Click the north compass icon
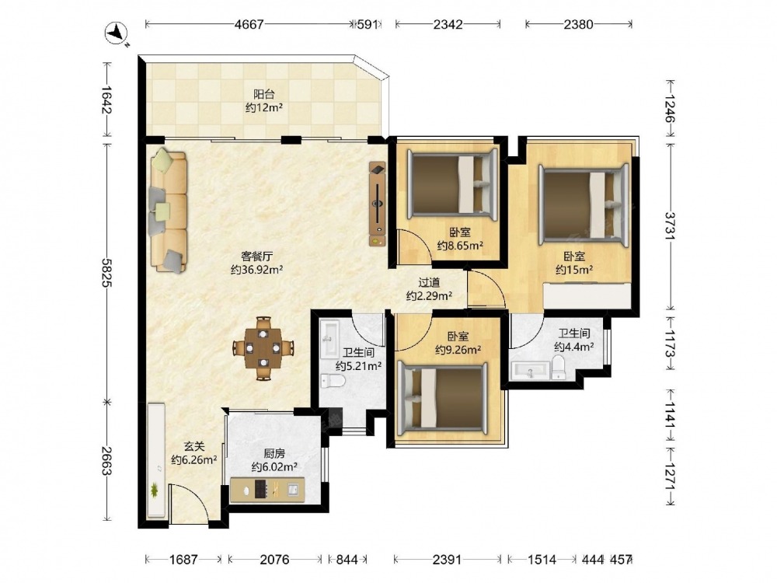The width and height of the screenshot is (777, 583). [x=117, y=33]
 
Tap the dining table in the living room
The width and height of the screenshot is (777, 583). [x=263, y=348]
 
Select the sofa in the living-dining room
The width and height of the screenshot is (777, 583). [x=169, y=211]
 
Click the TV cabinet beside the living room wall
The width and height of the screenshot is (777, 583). [x=378, y=204]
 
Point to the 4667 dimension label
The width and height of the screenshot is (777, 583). [x=249, y=24]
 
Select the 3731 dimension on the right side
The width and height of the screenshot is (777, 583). [x=670, y=226]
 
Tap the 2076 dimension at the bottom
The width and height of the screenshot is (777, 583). [x=274, y=560]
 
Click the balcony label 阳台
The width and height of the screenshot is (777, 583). [x=264, y=94]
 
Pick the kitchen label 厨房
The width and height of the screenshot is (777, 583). [x=274, y=453]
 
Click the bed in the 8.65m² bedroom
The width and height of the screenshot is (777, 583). [x=452, y=184]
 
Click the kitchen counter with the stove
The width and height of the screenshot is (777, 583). [x=267, y=490]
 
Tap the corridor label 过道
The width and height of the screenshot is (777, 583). [x=429, y=283]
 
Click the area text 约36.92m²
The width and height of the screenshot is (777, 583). [x=256, y=270]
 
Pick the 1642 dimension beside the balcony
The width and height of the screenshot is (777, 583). [x=106, y=99]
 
